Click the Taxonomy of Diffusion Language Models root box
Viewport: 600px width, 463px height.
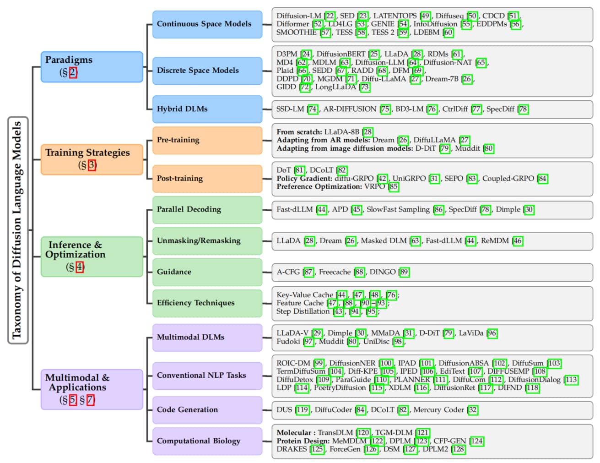click(x=18, y=230)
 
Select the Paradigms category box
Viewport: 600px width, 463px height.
click(x=92, y=67)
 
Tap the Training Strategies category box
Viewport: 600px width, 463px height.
click(x=92, y=159)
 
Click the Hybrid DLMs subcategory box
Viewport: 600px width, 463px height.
click(x=207, y=109)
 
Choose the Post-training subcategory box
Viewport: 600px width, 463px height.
click(x=207, y=179)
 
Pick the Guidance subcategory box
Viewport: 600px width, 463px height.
click(x=207, y=272)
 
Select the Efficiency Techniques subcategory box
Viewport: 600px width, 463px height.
click(x=207, y=303)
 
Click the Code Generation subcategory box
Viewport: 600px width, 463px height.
click(x=207, y=410)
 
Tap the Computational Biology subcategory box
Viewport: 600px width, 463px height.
click(x=207, y=441)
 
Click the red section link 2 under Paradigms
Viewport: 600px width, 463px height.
click(x=73, y=72)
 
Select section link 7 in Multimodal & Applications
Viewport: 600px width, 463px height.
click(x=91, y=400)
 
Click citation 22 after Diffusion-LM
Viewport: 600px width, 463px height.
click(x=330, y=16)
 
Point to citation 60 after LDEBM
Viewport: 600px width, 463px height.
click(x=448, y=33)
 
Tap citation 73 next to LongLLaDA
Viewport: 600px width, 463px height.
click(x=365, y=87)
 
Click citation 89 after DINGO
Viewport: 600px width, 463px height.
click(x=404, y=272)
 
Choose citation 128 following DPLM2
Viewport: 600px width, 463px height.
click(x=458, y=449)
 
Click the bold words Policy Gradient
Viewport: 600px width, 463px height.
click(x=304, y=179)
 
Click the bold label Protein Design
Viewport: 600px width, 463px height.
click(x=303, y=441)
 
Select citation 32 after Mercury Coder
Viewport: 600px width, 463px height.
click(x=473, y=410)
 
